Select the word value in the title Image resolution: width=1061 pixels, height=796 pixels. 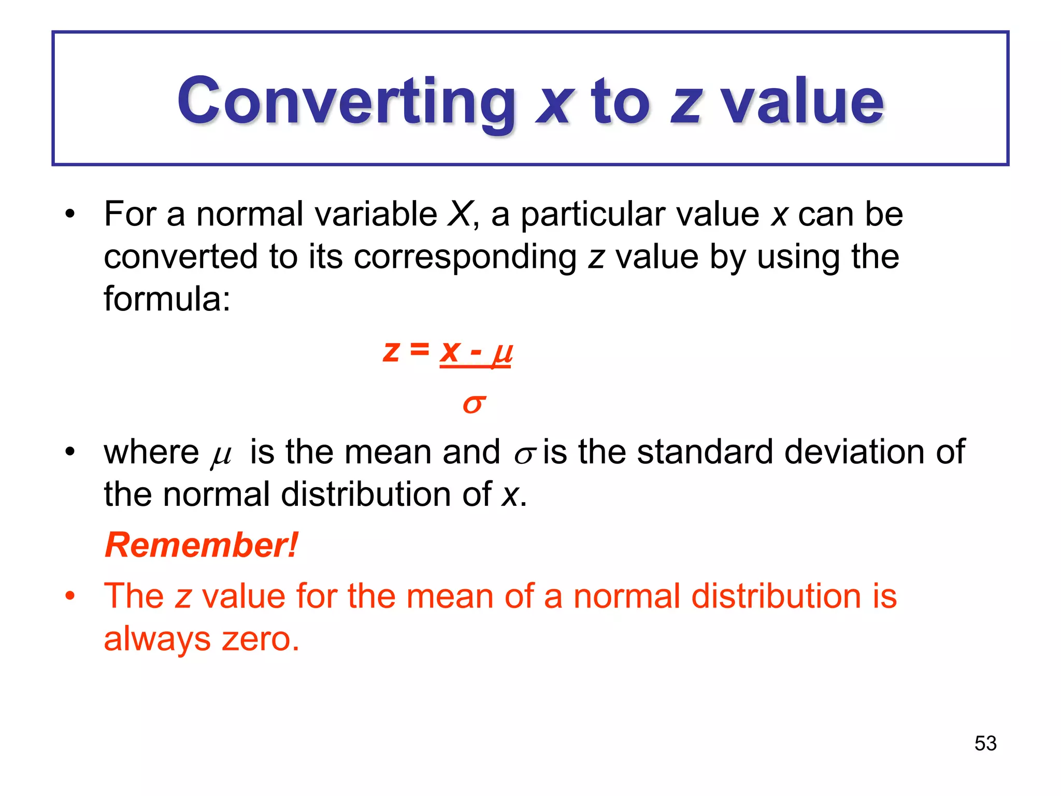coord(802,101)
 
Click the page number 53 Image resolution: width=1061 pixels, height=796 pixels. coord(985,744)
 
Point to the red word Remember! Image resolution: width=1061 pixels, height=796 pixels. coord(201,545)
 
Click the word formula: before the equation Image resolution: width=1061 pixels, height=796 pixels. coord(167,299)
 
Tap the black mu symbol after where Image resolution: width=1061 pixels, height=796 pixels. coord(221,456)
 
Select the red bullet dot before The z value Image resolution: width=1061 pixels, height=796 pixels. coord(70,596)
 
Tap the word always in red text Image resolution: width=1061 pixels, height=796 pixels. coord(157,639)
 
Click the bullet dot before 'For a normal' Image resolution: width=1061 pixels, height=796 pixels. coord(70,214)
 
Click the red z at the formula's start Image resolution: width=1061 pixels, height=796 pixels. coord(391,351)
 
